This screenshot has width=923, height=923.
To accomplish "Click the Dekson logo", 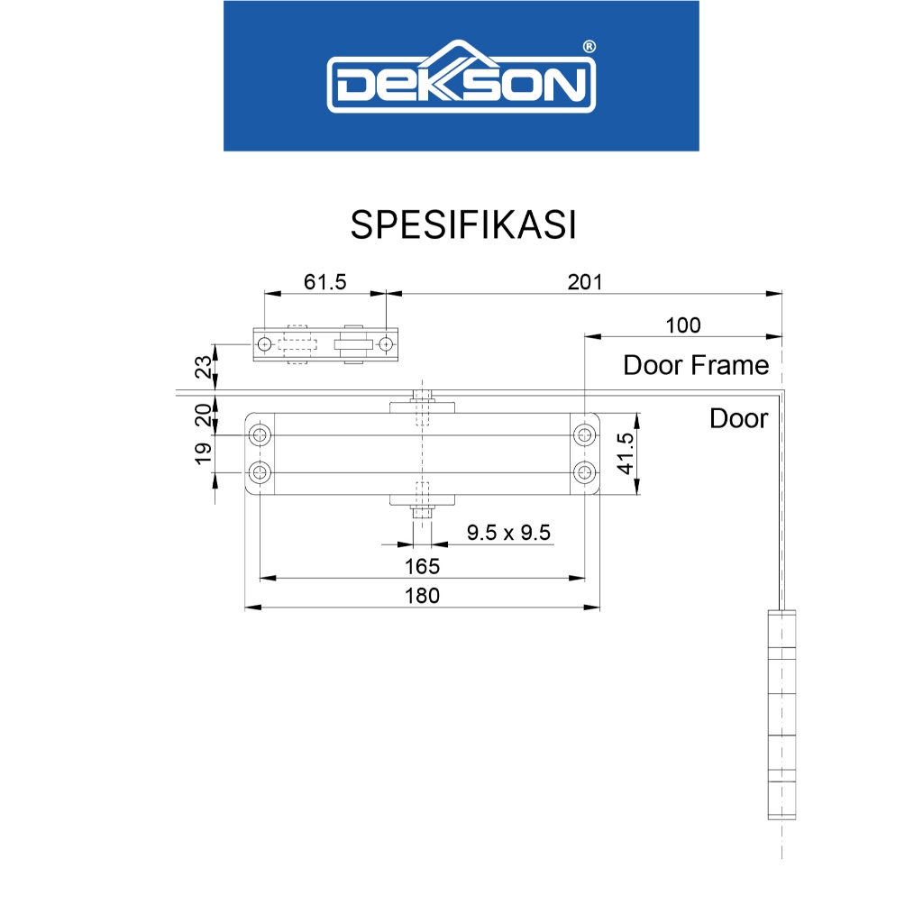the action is [x=461, y=77].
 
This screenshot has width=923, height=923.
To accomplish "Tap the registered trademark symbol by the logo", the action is [x=589, y=47].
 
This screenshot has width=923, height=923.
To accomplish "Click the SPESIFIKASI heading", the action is [x=463, y=224].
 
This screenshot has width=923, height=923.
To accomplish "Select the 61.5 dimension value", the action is [x=324, y=282].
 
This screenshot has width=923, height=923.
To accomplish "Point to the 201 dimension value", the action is [x=584, y=282].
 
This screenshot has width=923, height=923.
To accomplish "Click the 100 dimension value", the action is [x=683, y=325].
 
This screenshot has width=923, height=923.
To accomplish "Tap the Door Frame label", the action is [x=696, y=366].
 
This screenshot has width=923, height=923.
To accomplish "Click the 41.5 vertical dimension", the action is [x=626, y=453].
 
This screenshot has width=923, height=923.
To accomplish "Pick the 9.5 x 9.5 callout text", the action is [x=508, y=533].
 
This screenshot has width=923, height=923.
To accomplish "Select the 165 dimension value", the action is [x=422, y=566].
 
